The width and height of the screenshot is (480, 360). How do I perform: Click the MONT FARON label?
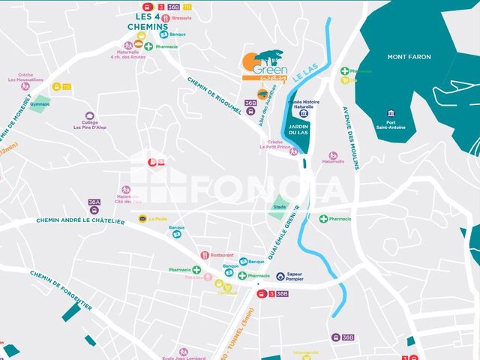(409, 57)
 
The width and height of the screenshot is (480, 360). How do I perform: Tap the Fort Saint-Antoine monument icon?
(390, 114)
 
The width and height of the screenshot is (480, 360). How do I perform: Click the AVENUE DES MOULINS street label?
(351, 128)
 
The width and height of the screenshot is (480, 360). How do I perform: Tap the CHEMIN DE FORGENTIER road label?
(61, 290)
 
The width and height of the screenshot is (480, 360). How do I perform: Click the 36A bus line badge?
(94, 202)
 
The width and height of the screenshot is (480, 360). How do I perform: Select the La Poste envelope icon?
(142, 219)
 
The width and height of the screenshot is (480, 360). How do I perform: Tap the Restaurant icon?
(204, 255)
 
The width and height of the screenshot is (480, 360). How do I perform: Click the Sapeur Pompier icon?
(280, 276)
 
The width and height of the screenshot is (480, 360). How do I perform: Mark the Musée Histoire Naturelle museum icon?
(302, 114)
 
